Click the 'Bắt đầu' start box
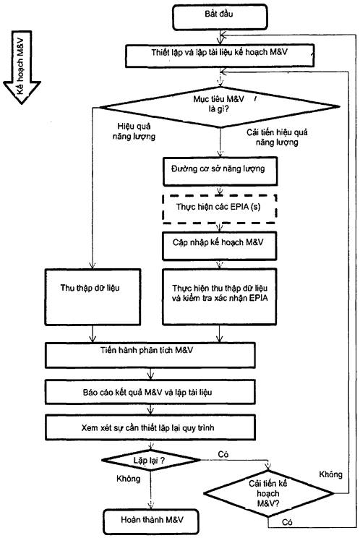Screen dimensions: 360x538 (x=220, y=17)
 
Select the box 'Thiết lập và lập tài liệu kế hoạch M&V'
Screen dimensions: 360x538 (x=220, y=56)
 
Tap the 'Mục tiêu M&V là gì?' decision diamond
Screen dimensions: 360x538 (x=220, y=107)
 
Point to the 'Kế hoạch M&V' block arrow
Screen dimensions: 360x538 (x=22, y=67)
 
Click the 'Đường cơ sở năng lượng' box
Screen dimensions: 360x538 (x=220, y=171)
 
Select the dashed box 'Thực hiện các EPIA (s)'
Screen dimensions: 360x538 (x=220, y=209)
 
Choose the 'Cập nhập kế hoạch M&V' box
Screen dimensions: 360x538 (x=220, y=246)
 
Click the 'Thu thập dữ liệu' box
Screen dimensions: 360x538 (x=93, y=296)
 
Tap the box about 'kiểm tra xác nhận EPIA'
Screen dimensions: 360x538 (x=220, y=296)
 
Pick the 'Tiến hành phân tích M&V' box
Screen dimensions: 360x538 (x=150, y=355)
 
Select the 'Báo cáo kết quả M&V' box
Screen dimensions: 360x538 (x=150, y=391)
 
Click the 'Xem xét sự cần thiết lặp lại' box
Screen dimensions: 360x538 (x=150, y=427)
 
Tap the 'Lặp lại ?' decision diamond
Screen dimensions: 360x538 (x=150, y=460)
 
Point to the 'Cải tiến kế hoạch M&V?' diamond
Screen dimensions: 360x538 (x=268, y=494)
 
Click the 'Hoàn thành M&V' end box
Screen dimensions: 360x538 (x=151, y=521)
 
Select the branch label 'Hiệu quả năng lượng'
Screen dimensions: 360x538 (x=134, y=132)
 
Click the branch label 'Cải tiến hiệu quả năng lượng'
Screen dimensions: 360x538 (x=277, y=137)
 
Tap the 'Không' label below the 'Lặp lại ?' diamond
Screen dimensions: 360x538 (x=129, y=478)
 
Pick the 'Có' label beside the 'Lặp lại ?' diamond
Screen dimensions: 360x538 (x=223, y=454)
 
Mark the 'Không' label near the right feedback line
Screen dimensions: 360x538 (x=331, y=474)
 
